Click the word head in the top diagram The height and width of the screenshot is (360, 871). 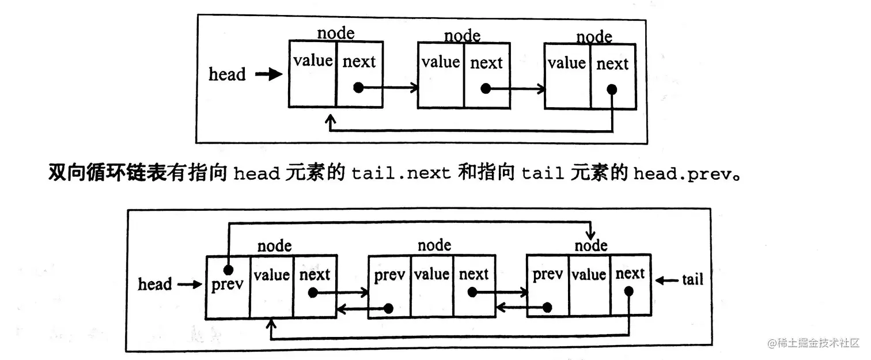coord(227,74)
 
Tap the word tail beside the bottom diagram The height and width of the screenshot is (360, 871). coord(692,280)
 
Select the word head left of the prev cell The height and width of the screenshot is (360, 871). coord(154,284)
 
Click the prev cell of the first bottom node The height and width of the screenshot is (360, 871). coord(228,286)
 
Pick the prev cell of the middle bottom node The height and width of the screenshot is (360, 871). coord(389,286)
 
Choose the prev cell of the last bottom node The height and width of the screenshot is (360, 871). coord(547,286)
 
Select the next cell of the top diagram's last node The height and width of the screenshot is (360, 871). coord(612,75)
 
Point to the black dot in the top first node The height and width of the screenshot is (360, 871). coord(358,88)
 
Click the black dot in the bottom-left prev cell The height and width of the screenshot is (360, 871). coord(229,270)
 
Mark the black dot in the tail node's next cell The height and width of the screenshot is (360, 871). coord(628,291)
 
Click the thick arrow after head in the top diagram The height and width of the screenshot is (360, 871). coord(268,75)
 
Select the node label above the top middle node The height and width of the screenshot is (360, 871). coord(462,36)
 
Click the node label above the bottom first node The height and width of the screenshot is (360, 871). coord(274,246)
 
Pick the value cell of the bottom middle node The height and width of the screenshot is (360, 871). coord(431,286)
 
